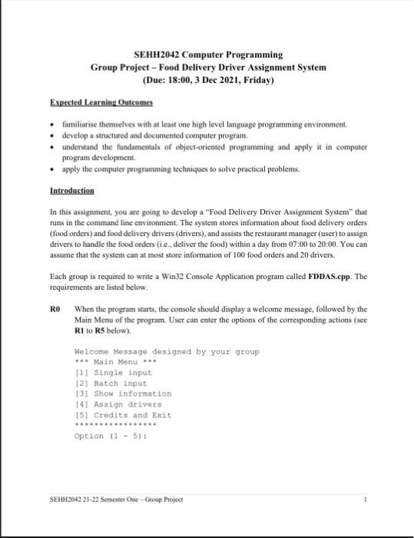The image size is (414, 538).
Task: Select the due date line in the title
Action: point(208,80)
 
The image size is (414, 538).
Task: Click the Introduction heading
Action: point(71,190)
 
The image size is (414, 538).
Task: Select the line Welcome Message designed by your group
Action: point(166,351)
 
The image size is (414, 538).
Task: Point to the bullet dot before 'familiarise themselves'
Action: point(51,123)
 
